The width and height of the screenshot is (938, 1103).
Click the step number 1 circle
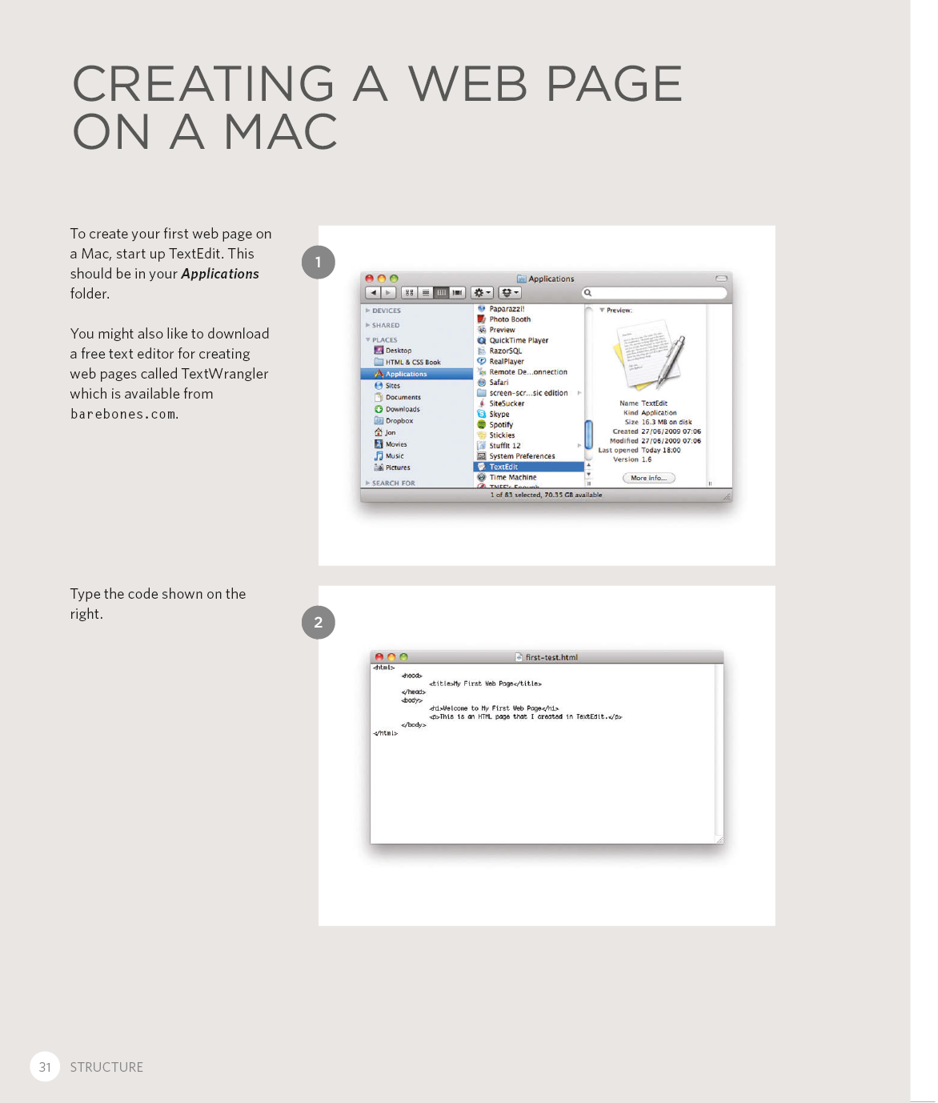click(x=318, y=263)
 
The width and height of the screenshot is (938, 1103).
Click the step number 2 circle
click(x=318, y=623)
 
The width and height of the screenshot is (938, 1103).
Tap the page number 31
click(x=45, y=1067)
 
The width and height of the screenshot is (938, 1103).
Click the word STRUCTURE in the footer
click(x=106, y=1067)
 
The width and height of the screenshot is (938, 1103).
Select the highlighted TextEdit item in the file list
click(x=503, y=467)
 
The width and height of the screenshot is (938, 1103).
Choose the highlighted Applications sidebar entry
click(x=406, y=374)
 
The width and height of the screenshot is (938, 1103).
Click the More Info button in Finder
click(x=648, y=478)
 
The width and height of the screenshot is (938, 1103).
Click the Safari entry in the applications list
click(x=499, y=383)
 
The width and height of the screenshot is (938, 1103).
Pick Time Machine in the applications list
click(x=512, y=477)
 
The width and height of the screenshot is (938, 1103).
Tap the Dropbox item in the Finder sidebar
click(x=399, y=420)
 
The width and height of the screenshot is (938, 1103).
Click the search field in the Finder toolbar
click(x=655, y=293)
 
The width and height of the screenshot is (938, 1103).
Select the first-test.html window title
click(x=551, y=657)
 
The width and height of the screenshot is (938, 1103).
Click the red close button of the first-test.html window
click(x=379, y=657)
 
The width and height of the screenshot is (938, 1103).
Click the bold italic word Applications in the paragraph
click(x=220, y=274)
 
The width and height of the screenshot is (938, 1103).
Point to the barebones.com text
click(x=123, y=415)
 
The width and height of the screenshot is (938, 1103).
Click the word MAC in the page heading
click(x=281, y=132)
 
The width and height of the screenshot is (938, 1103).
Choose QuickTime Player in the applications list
click(x=519, y=340)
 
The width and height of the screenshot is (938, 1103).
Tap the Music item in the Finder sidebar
click(x=395, y=455)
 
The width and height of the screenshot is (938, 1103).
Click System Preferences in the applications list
click(x=522, y=456)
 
